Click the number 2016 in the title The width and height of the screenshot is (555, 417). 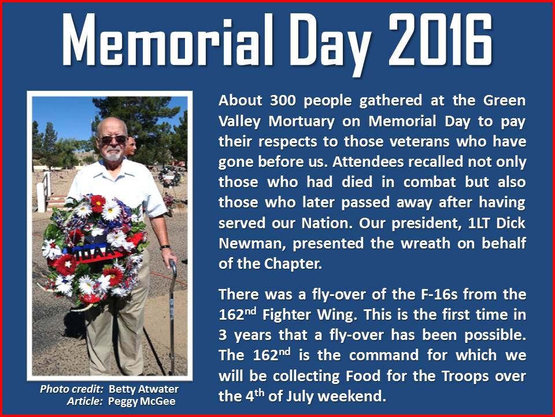[x=440, y=40]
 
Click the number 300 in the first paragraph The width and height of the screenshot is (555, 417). [x=283, y=101]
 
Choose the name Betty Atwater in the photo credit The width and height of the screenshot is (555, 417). [x=143, y=389]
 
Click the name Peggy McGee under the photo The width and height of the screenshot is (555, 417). [x=142, y=401]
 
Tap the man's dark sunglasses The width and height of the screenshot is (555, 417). [x=113, y=140]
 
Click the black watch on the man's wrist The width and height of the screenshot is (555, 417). [x=165, y=247]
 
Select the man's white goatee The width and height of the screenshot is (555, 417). [x=113, y=155]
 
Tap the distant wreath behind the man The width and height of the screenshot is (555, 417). [x=170, y=176]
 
